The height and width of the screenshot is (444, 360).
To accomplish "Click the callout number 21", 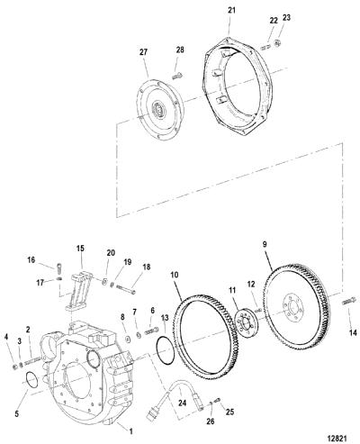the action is coord(231,11).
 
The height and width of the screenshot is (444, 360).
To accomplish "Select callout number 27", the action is coord(144,52).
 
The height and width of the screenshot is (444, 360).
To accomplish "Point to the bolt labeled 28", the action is coord(176,77).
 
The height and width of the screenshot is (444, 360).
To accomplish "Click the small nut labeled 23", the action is coord(278,42).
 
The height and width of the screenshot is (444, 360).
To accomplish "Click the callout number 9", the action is coord(265,245).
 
